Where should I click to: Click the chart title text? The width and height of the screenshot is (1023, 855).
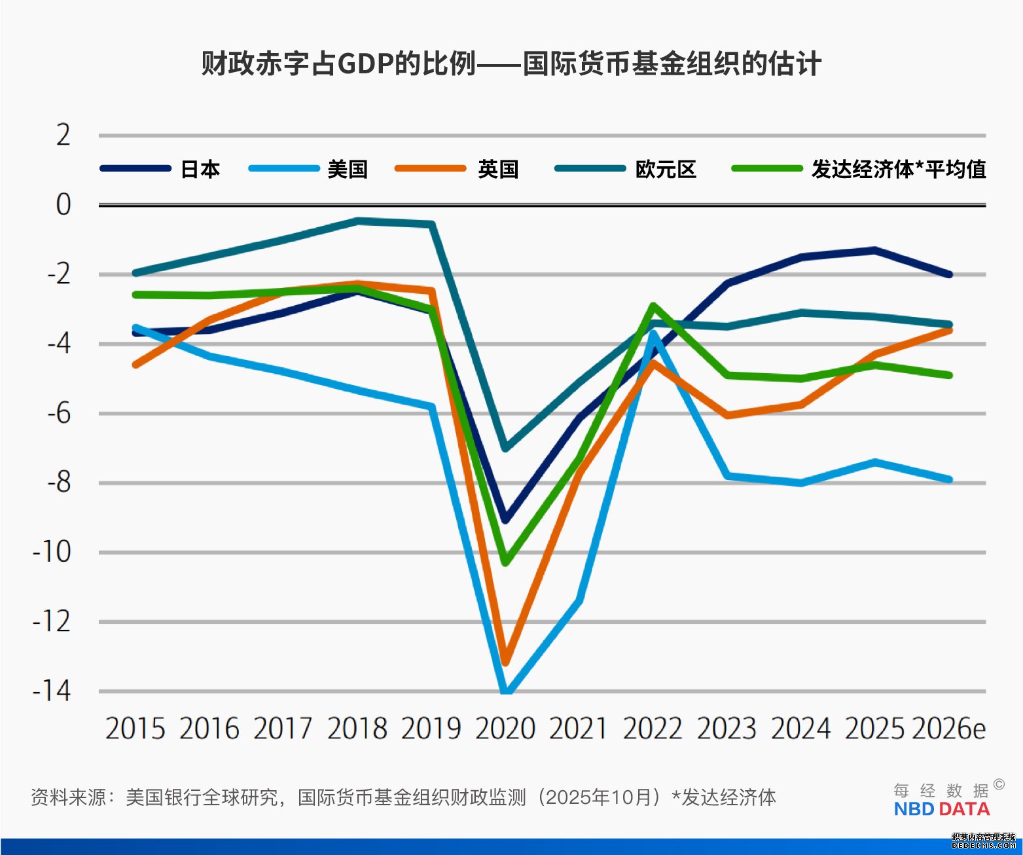point(511,64)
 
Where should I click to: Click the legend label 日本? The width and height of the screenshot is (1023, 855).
point(200,169)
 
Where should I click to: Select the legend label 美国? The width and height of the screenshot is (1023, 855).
point(348,169)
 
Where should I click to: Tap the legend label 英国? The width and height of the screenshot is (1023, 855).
point(498,169)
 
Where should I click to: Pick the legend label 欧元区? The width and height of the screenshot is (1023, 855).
point(666,169)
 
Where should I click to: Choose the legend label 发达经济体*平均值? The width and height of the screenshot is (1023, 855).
point(899,169)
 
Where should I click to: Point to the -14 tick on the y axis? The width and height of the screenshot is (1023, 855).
point(52,691)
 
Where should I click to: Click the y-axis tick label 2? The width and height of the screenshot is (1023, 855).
point(63,136)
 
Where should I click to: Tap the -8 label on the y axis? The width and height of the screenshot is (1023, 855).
point(58,482)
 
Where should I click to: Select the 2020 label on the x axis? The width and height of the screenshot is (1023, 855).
point(505,729)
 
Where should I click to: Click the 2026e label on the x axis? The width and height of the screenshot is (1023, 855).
point(948,729)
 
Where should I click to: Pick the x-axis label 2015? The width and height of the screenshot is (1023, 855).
point(135,729)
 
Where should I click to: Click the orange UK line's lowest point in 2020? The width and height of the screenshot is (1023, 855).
point(505,662)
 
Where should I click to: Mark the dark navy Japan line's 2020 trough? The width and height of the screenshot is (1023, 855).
point(505,520)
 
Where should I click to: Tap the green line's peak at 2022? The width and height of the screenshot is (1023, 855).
point(653,306)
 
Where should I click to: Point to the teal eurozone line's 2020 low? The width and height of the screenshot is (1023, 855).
point(505,448)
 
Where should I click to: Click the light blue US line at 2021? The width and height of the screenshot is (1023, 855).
point(579,600)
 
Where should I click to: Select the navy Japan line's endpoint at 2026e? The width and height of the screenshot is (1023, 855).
point(949,274)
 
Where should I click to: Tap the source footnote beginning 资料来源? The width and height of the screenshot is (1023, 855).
point(403,797)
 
